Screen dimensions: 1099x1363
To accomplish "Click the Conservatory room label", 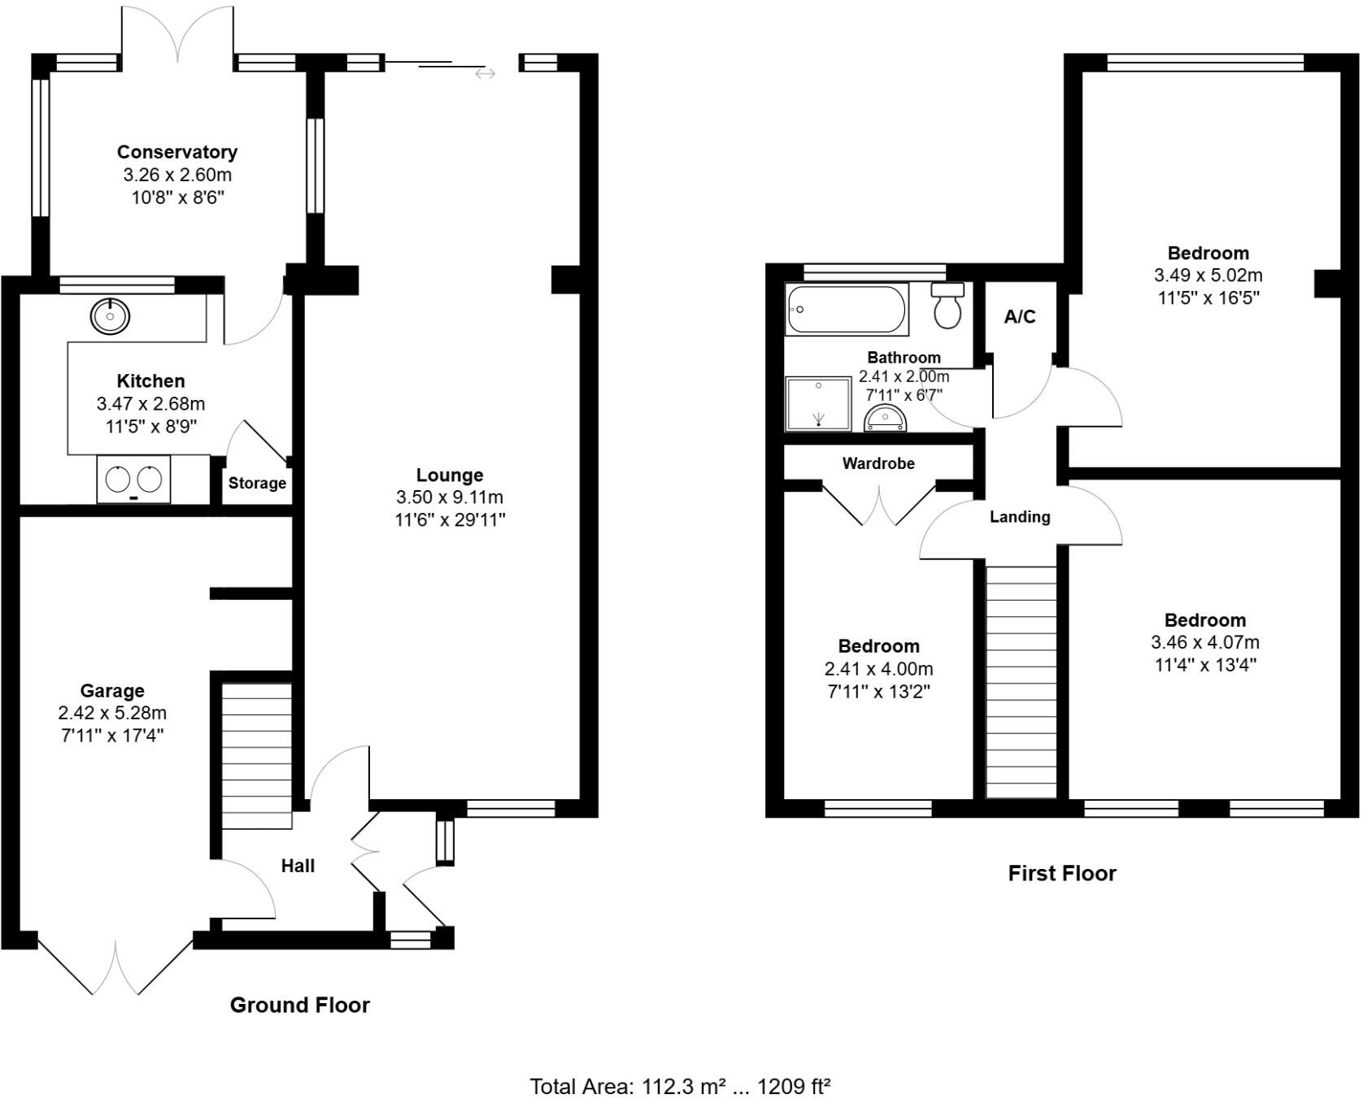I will click(177, 152).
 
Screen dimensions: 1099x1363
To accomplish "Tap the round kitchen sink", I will click(110, 315).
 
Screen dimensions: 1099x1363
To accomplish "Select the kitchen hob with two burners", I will click(133, 479).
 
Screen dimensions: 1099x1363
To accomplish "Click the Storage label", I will click(257, 483).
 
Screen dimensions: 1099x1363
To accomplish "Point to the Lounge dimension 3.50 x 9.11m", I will click(450, 497).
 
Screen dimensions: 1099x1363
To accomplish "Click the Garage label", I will click(112, 691).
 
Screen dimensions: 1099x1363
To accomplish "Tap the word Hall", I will click(298, 866).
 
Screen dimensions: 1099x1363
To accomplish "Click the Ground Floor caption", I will click(299, 1005).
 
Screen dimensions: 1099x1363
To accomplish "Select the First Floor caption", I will click(1061, 873).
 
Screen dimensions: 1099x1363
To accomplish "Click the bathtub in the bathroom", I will click(847, 310).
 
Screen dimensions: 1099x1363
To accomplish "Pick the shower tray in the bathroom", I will click(818, 404).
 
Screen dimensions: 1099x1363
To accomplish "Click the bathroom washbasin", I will click(885, 419).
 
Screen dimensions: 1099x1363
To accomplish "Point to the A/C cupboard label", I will click(1020, 317).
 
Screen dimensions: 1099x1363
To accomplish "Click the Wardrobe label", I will click(878, 463).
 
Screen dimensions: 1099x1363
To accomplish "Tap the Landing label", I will click(1020, 517).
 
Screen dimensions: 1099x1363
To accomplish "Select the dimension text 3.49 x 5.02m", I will click(1208, 276).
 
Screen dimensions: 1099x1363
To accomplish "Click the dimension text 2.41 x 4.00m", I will click(878, 669).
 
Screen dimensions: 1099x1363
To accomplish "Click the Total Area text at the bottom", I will click(680, 1086).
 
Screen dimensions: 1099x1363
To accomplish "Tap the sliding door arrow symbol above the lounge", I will click(486, 74).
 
